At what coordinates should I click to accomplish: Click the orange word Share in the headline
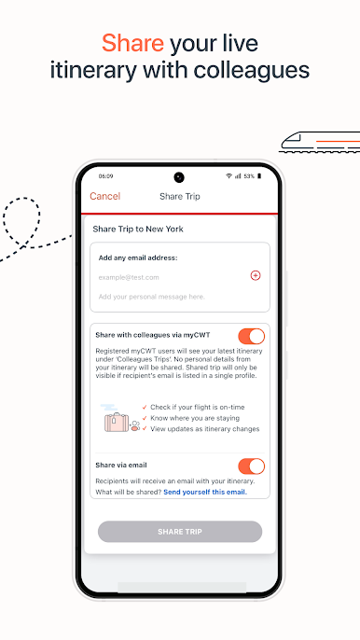tap(132, 44)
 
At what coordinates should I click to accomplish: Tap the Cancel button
tap(104, 196)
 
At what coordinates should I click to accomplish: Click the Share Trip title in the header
tap(180, 196)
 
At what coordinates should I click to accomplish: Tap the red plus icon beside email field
tap(256, 275)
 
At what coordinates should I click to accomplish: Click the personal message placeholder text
tap(151, 297)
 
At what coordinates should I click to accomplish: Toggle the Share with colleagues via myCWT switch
tap(252, 336)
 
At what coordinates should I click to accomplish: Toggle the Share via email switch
tap(252, 466)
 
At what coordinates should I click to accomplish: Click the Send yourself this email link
tap(205, 493)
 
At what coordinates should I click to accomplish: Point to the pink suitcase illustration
tap(117, 423)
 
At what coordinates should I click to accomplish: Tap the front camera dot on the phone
tap(179, 177)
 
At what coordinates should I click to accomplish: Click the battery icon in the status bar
tap(259, 176)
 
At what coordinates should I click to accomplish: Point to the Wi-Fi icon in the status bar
tap(228, 176)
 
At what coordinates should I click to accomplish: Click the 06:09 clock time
tap(105, 176)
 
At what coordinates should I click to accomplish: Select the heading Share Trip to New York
tap(138, 229)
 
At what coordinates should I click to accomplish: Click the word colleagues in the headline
tap(251, 70)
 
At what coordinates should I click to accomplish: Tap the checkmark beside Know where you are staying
tap(145, 418)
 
